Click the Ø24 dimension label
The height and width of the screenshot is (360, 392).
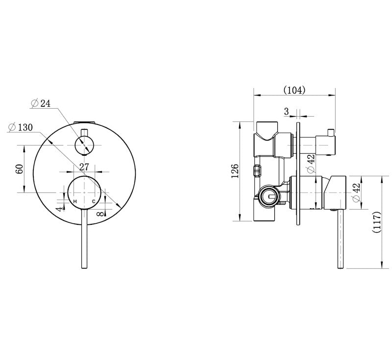pos(41,103)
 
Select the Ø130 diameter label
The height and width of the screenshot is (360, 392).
pos(21,127)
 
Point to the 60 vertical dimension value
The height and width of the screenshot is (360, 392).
pos(20,168)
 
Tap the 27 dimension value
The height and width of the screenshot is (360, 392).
pos(84,167)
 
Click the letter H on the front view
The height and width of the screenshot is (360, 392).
pos(75,202)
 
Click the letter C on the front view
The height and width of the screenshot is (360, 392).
pos(93,202)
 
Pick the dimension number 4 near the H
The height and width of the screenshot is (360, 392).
pos(60,208)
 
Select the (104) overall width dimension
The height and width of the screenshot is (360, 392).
pos(294,90)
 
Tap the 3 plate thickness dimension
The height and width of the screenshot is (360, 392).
pos(286,111)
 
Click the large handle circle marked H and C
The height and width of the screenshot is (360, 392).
pos(84,193)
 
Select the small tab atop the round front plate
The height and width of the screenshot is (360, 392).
pos(84,120)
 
